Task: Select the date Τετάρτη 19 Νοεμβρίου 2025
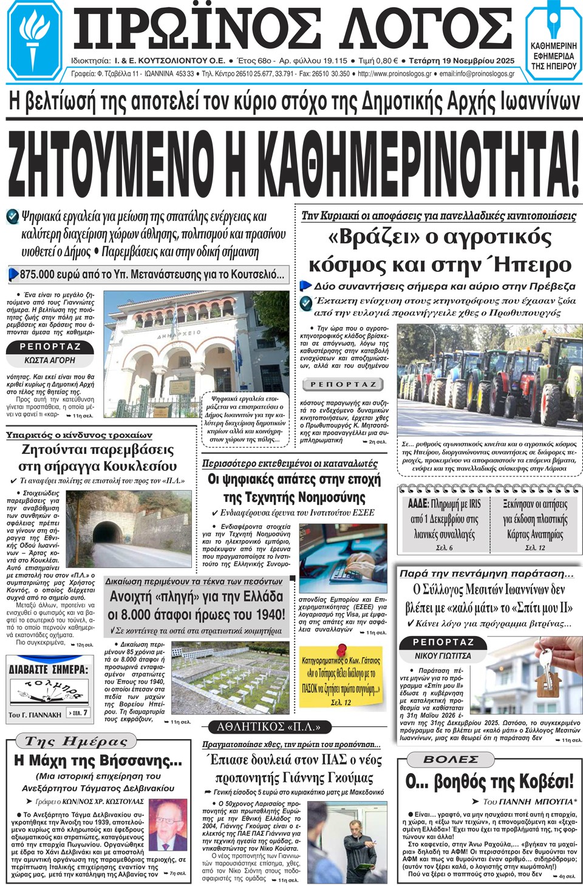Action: (x=462, y=61)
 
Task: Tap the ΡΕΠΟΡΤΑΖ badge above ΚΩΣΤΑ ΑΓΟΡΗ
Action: (x=50, y=347)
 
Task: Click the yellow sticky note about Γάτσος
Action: (x=341, y=677)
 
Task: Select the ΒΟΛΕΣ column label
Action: (x=451, y=759)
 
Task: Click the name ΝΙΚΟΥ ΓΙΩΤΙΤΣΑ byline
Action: (x=443, y=655)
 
